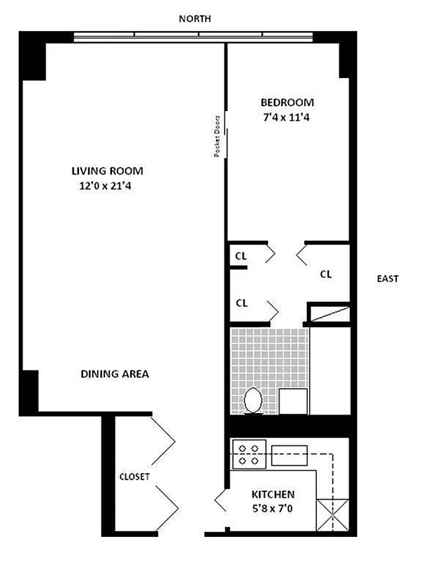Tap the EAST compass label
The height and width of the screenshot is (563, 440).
[387, 279]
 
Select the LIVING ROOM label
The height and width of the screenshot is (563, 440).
[107, 171]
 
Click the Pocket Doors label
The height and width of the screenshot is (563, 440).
[218, 136]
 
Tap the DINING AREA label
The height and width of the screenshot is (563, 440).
[115, 374]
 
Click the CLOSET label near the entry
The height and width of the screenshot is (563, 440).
[134, 476]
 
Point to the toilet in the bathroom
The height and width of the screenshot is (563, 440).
[253, 401]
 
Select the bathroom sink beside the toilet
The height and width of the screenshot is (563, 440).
[294, 400]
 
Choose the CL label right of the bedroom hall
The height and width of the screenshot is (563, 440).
[326, 274]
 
